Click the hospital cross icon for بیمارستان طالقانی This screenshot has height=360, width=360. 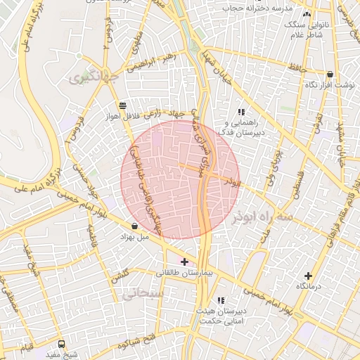pyautogui.click(x=184, y=262)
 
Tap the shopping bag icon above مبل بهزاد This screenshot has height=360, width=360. pyautogui.click(x=134, y=226)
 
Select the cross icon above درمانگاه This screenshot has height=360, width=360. pyautogui.click(x=308, y=276)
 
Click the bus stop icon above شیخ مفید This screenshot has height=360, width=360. pyautogui.click(x=62, y=345)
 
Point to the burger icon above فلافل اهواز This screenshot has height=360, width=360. pyautogui.click(x=123, y=105)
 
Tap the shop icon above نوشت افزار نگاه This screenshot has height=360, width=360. pyautogui.click(x=330, y=75)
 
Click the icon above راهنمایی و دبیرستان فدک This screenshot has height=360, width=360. pyautogui.click(x=241, y=112)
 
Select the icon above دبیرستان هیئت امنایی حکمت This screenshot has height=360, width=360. pyautogui.click(x=221, y=300)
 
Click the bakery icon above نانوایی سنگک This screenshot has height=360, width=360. pyautogui.click(x=306, y=14)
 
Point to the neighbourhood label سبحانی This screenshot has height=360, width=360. pyautogui.click(x=141, y=295)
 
